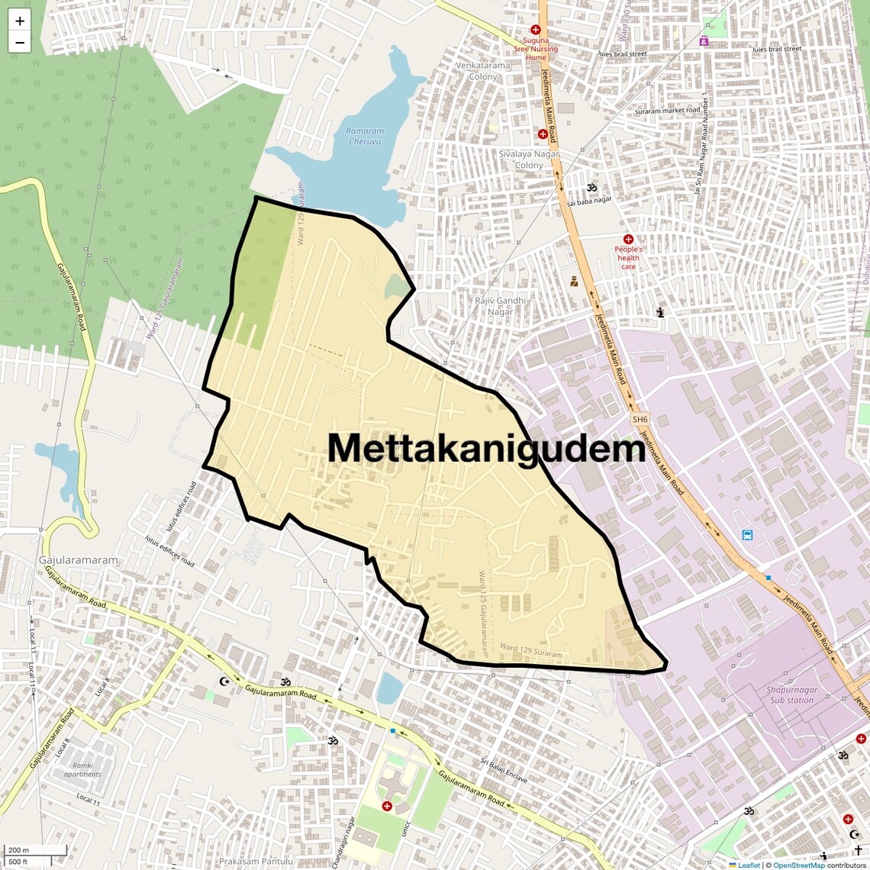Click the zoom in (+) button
pyautogui.click(x=20, y=21)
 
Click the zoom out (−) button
pyautogui.click(x=20, y=43)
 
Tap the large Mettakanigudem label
pyautogui.click(x=487, y=449)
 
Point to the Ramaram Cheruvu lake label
pyautogui.click(x=365, y=136)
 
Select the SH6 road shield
pyautogui.click(x=640, y=419)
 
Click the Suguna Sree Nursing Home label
pyautogui.click(x=536, y=49)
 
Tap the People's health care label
pyautogui.click(x=628, y=257)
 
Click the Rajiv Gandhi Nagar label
pyautogui.click(x=501, y=306)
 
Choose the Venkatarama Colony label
pyautogui.click(x=483, y=71)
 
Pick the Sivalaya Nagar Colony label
pyautogui.click(x=529, y=159)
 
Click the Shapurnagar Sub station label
pyautogui.click(x=791, y=694)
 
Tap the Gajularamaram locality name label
pyautogui.click(x=79, y=560)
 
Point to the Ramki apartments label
pyautogui.click(x=82, y=769)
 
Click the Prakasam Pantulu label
pyautogui.click(x=256, y=862)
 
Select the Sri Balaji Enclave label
pyautogui.click(x=504, y=771)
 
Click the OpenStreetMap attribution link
pyautogui.click(x=799, y=865)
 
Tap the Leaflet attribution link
pyautogui.click(x=749, y=865)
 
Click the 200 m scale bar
pyautogui.click(x=35, y=850)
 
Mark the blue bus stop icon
pyautogui.click(x=747, y=535)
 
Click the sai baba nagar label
pyautogui.click(x=589, y=201)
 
